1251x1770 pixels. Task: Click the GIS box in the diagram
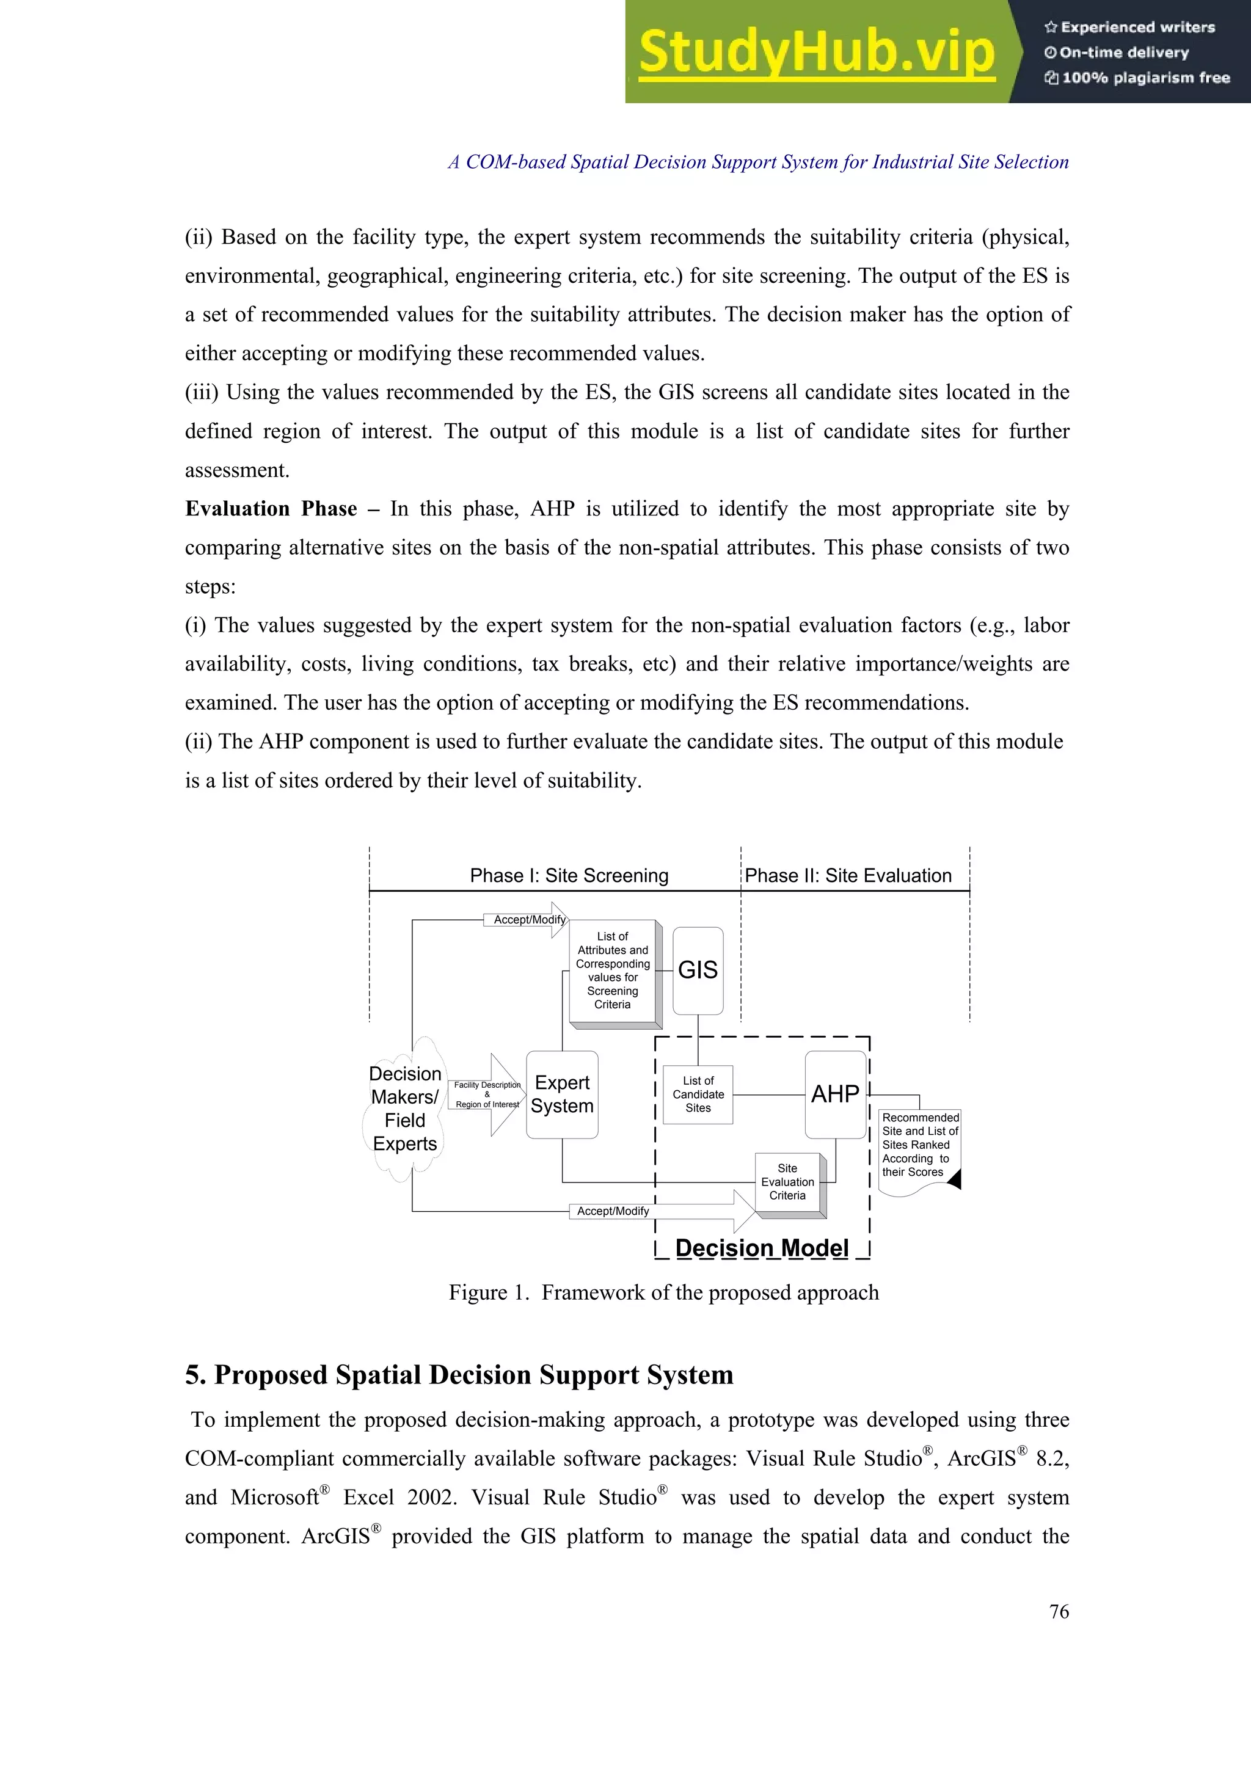tap(698, 970)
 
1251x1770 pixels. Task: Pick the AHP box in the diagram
tap(835, 1094)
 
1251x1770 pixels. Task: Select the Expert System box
tap(562, 1094)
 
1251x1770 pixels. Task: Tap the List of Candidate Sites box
tap(698, 1094)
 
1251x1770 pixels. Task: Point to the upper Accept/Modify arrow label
tap(529, 920)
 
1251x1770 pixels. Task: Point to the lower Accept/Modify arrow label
tap(613, 1211)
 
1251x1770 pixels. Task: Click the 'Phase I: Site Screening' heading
tap(569, 876)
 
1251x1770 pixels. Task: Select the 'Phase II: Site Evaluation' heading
tap(848, 876)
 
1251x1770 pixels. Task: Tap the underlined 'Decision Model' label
tap(762, 1248)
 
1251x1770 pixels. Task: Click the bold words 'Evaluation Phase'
tap(271, 509)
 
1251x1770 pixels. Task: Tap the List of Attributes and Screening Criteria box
tap(613, 970)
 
